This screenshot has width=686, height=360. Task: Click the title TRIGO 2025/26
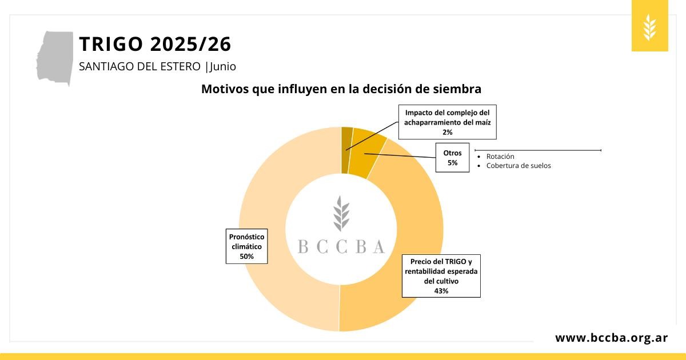pos(155,44)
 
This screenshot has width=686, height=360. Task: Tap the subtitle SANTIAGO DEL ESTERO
pos(141,66)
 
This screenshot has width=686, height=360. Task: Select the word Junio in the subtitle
pos(223,66)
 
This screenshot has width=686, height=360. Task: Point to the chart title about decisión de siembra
pos(341,89)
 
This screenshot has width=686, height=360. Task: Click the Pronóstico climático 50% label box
pos(246,246)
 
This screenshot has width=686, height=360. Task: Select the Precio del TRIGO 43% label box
pos(441,276)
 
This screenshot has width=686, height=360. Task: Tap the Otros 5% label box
pos(452,158)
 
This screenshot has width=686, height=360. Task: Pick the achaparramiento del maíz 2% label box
pos(447,122)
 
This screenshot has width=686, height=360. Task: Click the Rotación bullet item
pos(500,157)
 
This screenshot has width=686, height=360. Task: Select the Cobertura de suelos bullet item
pos(518,166)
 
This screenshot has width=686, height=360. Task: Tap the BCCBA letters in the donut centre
pos(341,246)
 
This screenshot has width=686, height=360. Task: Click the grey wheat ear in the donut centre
pos(341,214)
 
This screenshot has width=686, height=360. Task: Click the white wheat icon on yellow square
pos(649,27)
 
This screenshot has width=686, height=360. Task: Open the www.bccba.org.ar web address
pos(611,338)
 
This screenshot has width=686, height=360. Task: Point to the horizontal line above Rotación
pos(537,150)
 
